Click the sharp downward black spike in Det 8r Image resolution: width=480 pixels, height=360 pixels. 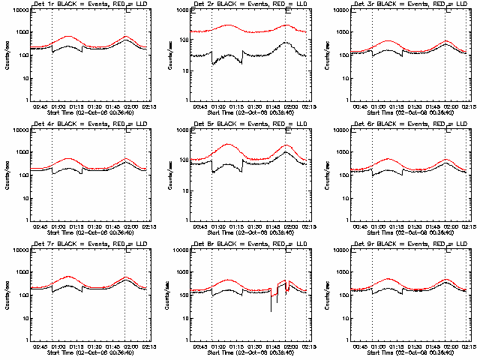(x=271, y=310)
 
